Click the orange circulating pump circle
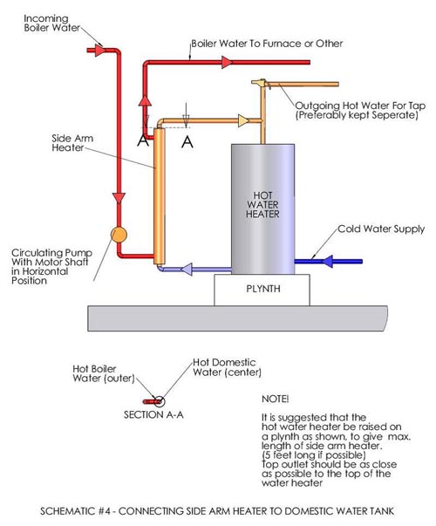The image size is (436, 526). (x=119, y=235)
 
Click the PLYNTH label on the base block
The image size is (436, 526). (x=263, y=289)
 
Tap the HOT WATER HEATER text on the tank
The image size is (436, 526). (x=262, y=205)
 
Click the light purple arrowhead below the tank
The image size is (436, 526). (x=187, y=269)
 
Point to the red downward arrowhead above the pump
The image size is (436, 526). (x=119, y=198)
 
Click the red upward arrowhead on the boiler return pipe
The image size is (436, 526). (x=145, y=100)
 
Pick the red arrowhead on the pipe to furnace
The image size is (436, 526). (x=227, y=63)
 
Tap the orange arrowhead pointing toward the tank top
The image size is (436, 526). (x=243, y=120)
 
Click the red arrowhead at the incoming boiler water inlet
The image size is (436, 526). (x=99, y=51)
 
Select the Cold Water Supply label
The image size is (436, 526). (x=381, y=229)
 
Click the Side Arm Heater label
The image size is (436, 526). (x=72, y=143)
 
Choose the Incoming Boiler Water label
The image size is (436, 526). (x=52, y=24)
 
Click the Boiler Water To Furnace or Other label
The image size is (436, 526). (x=267, y=44)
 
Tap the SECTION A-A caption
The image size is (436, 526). (x=153, y=415)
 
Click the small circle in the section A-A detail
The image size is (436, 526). (x=159, y=401)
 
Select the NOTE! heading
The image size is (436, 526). (x=275, y=399)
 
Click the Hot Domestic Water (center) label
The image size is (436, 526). (x=227, y=367)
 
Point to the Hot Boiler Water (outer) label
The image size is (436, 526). (x=104, y=373)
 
